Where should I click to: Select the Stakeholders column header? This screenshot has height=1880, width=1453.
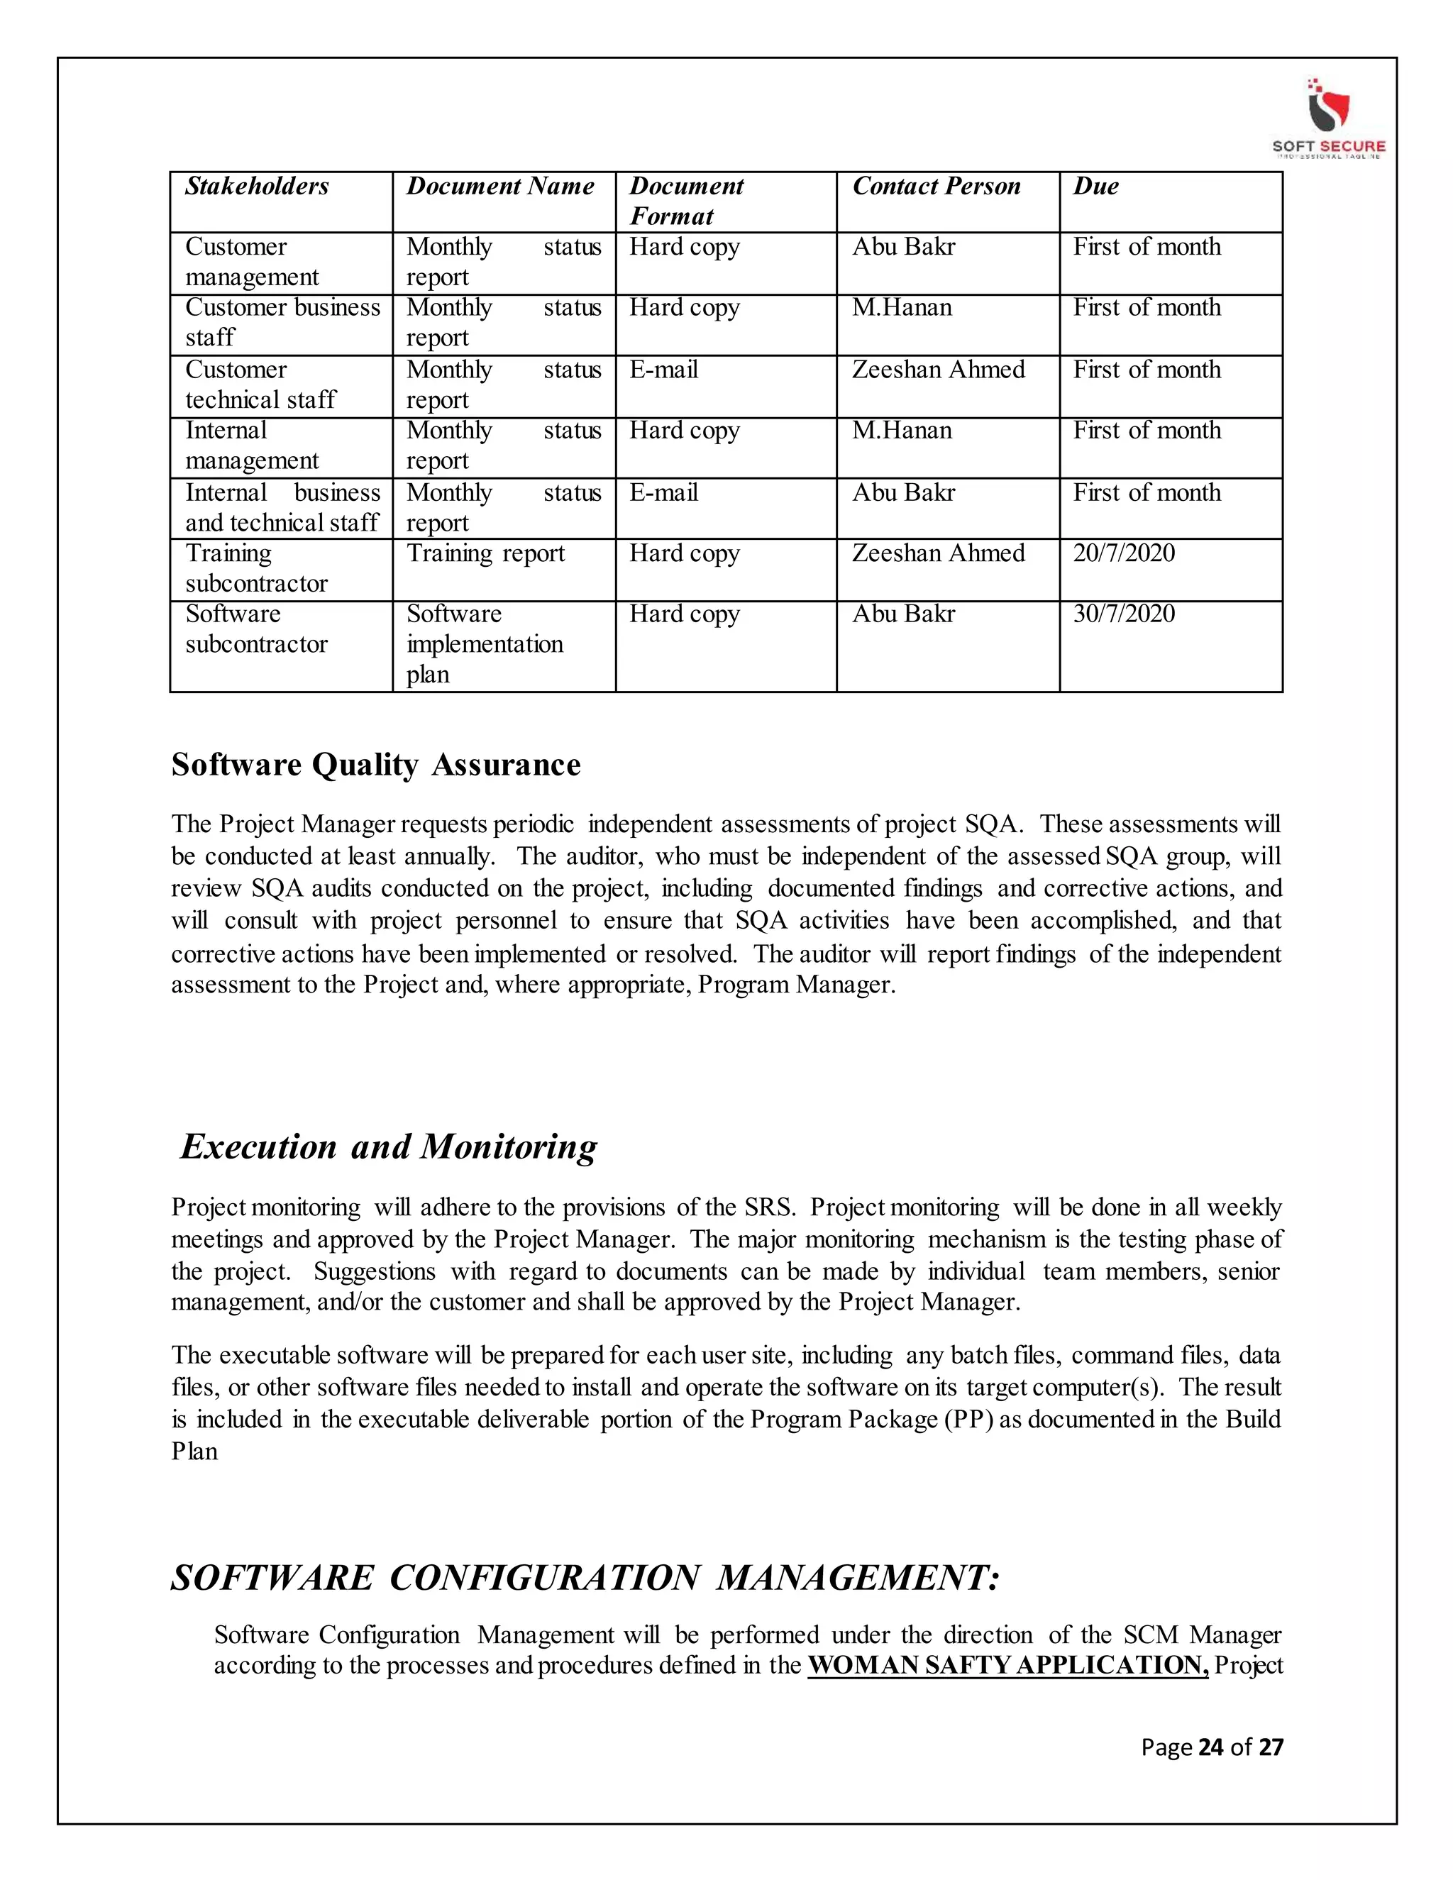pos(257,187)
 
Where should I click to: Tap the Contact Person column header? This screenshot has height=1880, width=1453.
pos(936,187)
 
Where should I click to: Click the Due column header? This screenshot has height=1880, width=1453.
pos(1095,187)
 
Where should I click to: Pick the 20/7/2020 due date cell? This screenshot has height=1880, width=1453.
pos(1123,553)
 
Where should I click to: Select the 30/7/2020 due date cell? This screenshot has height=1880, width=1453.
pos(1123,614)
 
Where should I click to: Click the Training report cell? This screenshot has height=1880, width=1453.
pos(485,553)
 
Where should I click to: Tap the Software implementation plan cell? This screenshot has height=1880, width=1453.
pos(485,644)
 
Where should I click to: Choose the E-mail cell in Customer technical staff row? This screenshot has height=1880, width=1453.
pos(663,370)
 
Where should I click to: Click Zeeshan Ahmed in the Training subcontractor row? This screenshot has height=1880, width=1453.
pos(938,553)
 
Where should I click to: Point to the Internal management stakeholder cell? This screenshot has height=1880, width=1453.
pos(251,446)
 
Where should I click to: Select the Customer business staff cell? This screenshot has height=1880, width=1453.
pos(282,322)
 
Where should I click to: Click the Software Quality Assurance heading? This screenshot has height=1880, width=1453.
pos(375,764)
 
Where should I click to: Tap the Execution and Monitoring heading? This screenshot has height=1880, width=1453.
pos(388,1146)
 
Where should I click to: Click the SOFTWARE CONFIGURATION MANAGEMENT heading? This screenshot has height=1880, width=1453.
pos(585,1578)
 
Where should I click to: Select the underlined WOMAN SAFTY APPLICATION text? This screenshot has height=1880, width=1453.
pos(1008,1665)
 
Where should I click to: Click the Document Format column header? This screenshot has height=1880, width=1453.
pos(686,201)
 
